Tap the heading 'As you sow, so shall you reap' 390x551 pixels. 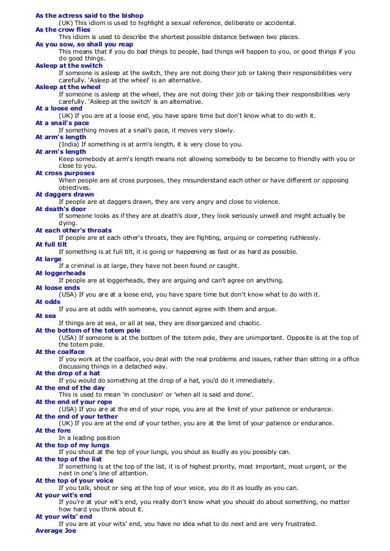tap(84, 44)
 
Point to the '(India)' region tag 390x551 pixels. tap(68, 144)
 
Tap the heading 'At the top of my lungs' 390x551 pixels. tap(72, 444)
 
